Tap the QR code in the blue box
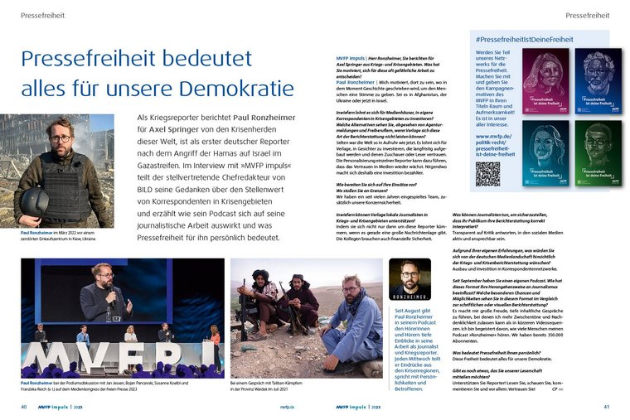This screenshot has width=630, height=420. [x=487, y=175]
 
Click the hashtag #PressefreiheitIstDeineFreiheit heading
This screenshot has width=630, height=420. [x=525, y=39]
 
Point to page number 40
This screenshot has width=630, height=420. [x=24, y=407]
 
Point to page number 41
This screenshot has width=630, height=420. [x=606, y=407]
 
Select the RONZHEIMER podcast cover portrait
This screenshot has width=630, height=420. [x=409, y=279]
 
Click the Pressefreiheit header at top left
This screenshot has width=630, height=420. [x=42, y=16]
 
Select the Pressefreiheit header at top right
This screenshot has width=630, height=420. [x=587, y=16]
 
